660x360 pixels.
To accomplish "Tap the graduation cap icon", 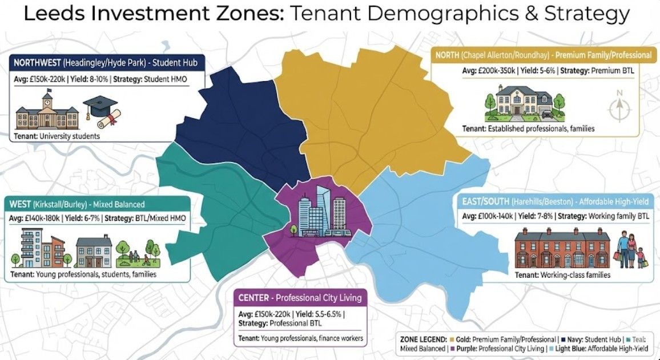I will [x=100, y=111].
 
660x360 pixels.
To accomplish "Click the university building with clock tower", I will [x=47, y=111].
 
